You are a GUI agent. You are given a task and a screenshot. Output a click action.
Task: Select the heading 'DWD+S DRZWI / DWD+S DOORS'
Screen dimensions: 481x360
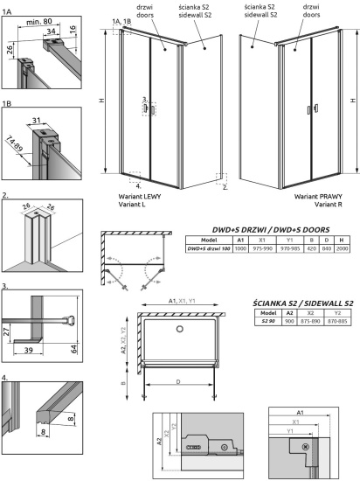[266, 227]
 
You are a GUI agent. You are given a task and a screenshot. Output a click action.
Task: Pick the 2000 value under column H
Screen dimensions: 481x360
[347, 249]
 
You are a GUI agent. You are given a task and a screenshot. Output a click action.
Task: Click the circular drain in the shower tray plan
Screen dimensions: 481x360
[180, 329]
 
